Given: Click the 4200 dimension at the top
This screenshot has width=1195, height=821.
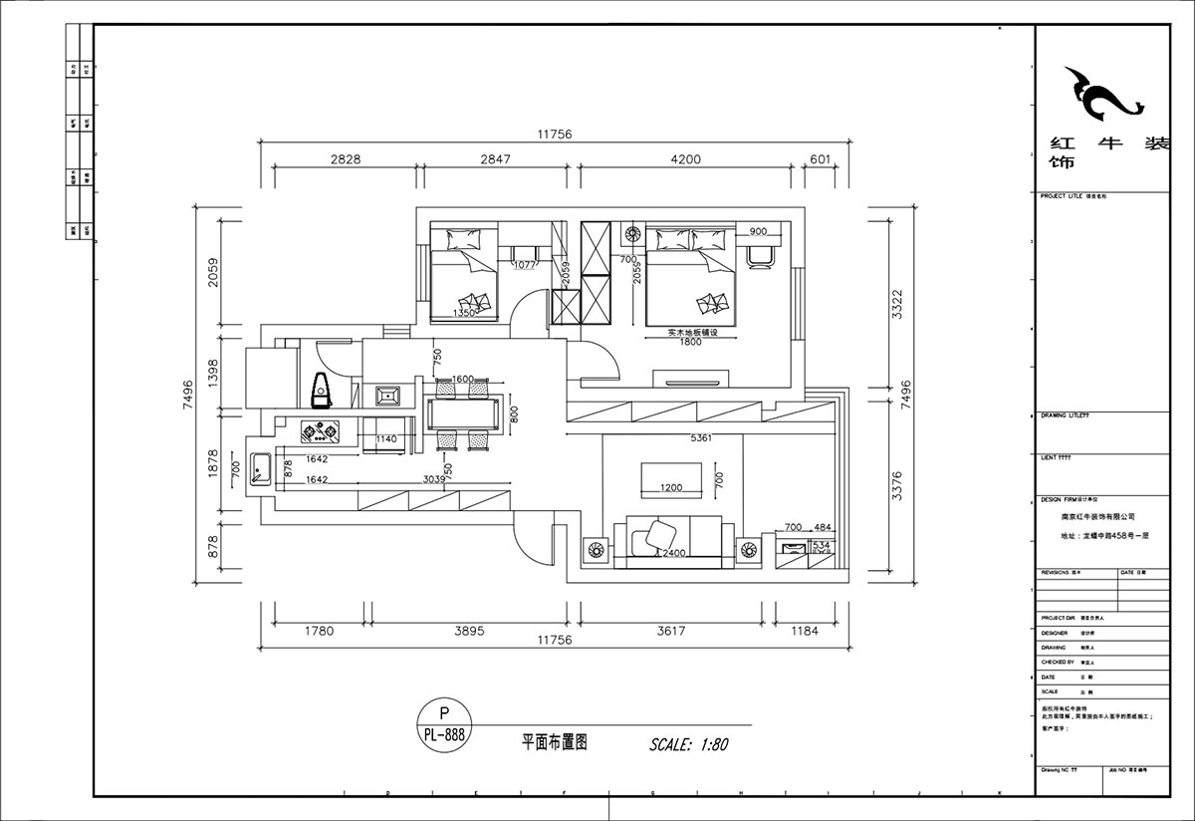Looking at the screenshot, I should click(685, 159).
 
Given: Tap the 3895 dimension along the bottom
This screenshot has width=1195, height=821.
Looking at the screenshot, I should click(460, 630).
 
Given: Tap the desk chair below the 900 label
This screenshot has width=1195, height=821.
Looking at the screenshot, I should click(760, 254).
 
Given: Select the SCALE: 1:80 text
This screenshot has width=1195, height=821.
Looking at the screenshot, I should click(690, 743).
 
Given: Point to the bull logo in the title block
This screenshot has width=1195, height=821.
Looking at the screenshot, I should click(1101, 95).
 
